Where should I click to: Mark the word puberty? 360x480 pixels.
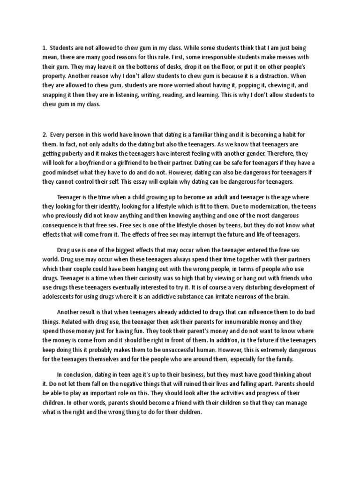(x=75, y=155)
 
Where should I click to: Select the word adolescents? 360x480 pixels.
(x=62, y=296)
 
